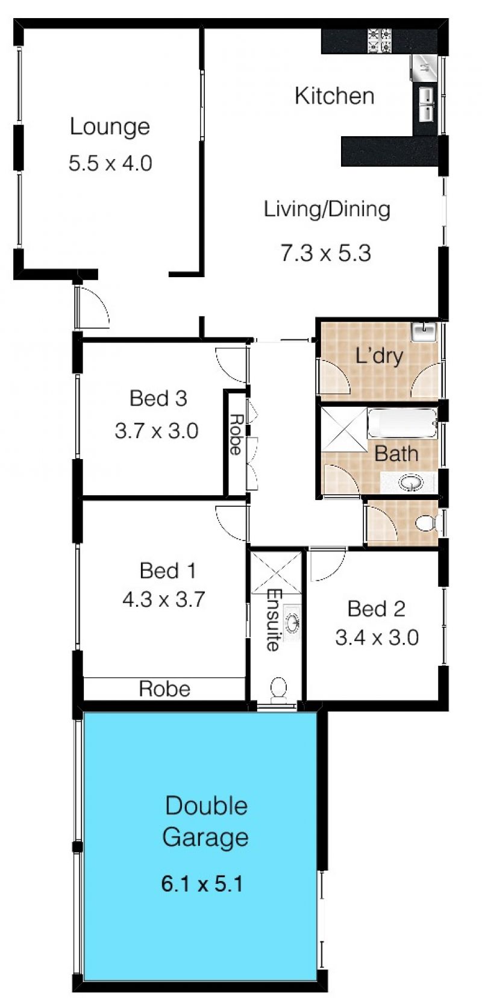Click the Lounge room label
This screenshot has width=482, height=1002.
click(110, 127)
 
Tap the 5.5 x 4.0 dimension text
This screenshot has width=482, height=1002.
click(110, 163)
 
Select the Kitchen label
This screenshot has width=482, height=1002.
click(334, 96)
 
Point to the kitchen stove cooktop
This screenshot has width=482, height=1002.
click(379, 40)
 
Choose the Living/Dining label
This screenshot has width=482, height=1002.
click(327, 210)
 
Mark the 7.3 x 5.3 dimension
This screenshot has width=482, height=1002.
click(326, 253)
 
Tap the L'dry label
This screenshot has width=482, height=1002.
click(379, 356)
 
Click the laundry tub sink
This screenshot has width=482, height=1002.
click(424, 332)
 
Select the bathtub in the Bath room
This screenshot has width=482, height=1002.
click(402, 423)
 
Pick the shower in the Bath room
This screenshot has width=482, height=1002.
click(344, 428)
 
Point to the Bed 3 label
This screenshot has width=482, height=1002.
click(158, 398)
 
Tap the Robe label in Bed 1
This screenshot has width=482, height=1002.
click(164, 689)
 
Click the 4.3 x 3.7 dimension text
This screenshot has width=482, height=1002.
click(164, 600)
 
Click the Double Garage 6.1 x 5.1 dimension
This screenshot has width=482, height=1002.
click(202, 885)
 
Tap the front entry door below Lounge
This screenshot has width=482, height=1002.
click(92, 308)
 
